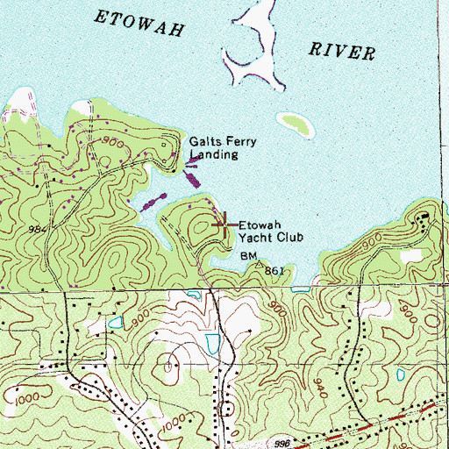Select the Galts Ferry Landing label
[x=215, y=147]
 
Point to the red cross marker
[x=223, y=225]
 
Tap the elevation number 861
[x=275, y=271]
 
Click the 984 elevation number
[x=38, y=229]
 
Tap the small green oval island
[x=295, y=124]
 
